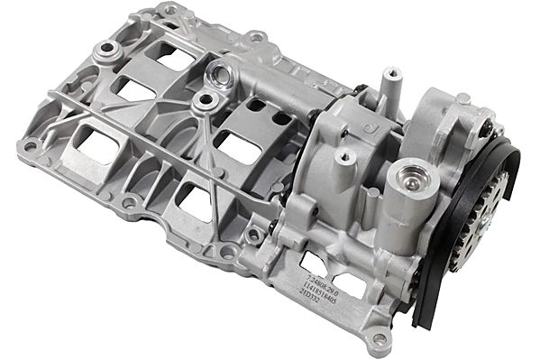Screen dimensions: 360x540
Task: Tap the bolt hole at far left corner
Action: click(31, 144)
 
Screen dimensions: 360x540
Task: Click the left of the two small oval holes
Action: click(256, 106)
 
